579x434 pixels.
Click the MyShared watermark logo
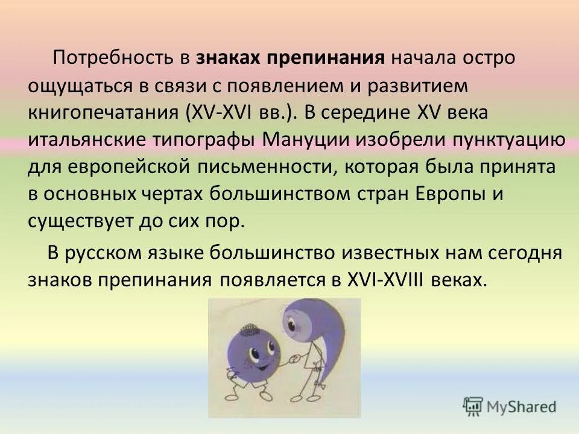click(510, 405)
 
